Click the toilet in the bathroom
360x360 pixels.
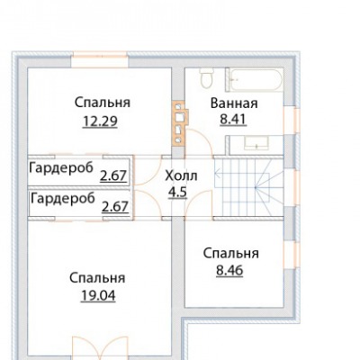[206, 78]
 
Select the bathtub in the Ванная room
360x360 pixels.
[255, 80]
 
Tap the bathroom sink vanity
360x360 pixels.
[255, 142]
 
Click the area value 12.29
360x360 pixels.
[100, 121]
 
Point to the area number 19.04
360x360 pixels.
[98, 296]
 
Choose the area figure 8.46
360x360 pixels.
[229, 271]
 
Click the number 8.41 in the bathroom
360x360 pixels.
[233, 120]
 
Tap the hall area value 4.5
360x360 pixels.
[177, 193]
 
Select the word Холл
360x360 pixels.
[181, 175]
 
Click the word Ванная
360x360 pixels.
[234, 103]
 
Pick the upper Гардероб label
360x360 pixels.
[61, 168]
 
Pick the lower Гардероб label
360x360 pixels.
[63, 199]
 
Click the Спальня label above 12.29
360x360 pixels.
[103, 103]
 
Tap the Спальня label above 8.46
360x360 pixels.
[230, 254]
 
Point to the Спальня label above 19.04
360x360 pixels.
[97, 278]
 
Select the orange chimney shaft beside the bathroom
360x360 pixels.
[180, 123]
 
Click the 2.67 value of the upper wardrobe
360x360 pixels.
[113, 176]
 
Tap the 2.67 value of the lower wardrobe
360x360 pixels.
[115, 207]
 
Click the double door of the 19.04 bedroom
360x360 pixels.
[101, 348]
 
